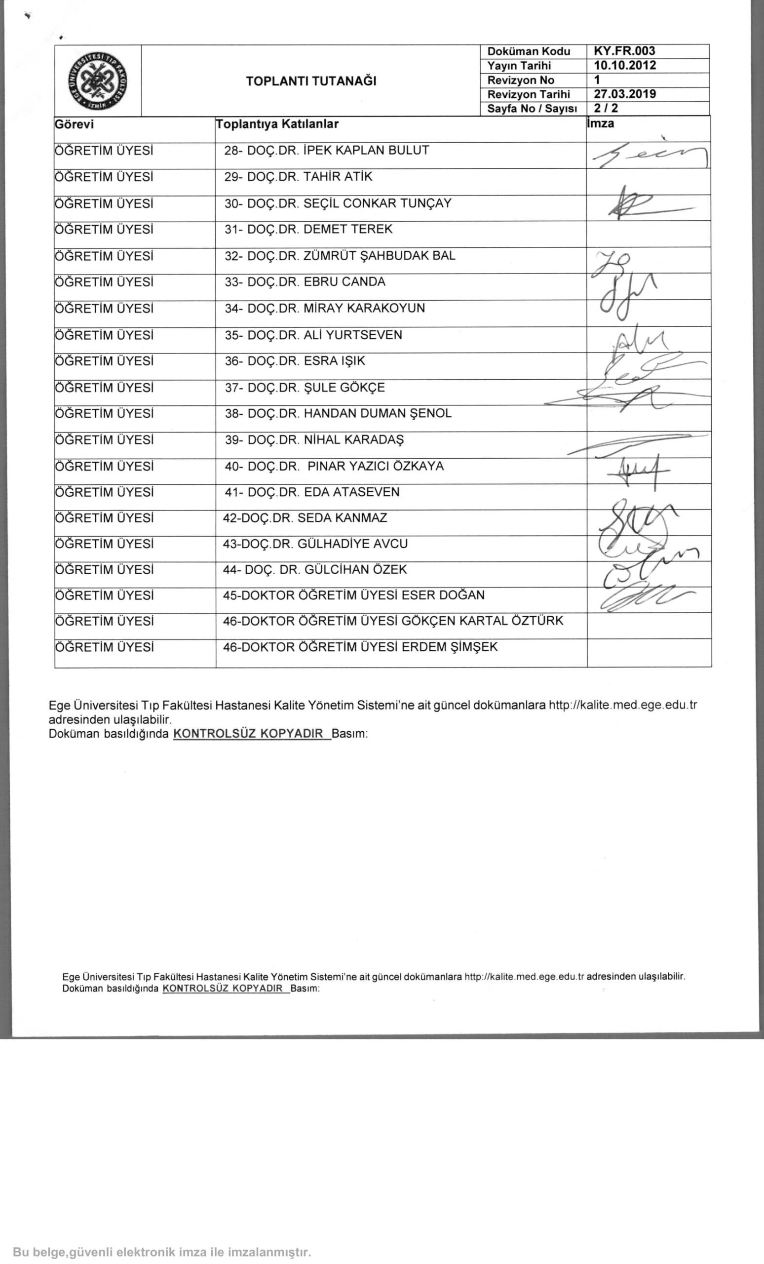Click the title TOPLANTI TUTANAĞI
click(x=311, y=81)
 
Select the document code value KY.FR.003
click(x=624, y=51)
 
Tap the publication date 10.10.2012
click(x=624, y=65)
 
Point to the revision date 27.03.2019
click(x=624, y=94)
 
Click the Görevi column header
click(x=75, y=124)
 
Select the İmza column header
click(x=601, y=123)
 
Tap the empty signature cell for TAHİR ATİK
click(x=649, y=182)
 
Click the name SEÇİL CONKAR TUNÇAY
click(x=378, y=203)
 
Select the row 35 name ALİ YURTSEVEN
click(x=353, y=335)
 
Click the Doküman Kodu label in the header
click(x=529, y=51)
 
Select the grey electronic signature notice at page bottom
click(x=162, y=1252)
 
